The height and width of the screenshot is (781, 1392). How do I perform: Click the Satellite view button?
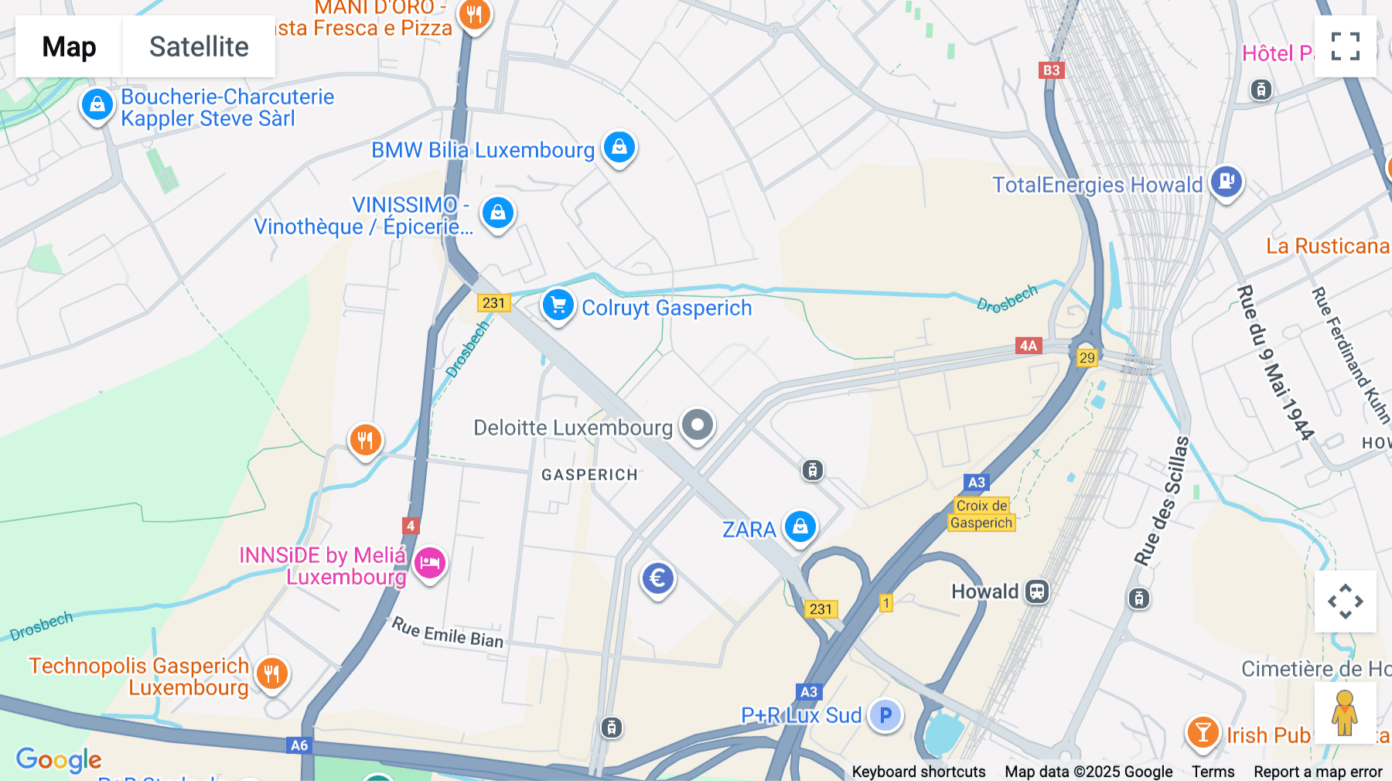199,46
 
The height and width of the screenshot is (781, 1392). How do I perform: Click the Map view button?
69,46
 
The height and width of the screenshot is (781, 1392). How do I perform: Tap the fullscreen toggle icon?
1345,46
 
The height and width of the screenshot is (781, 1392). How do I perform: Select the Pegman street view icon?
1345,713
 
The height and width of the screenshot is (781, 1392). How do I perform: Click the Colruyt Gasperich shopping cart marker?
558,305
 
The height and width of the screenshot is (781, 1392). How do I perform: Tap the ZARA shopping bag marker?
800,527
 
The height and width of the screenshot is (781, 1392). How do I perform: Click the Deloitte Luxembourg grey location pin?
698,425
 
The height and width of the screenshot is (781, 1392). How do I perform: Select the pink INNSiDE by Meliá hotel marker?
430,562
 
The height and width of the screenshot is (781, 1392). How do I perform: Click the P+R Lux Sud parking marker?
885,715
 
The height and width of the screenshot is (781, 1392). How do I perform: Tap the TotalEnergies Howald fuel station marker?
1226,182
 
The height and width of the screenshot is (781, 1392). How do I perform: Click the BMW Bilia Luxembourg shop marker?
619,146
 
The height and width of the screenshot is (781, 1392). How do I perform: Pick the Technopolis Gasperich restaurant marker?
271,674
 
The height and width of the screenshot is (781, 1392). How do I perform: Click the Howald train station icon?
1037,592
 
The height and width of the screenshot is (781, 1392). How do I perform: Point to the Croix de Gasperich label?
981,514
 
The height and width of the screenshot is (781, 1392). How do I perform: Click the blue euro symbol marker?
657,578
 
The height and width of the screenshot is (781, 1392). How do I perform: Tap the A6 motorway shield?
299,745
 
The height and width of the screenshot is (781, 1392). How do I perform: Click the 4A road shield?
1028,346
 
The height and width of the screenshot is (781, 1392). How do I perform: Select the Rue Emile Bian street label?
447,633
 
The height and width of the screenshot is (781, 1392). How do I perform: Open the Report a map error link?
1318,772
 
